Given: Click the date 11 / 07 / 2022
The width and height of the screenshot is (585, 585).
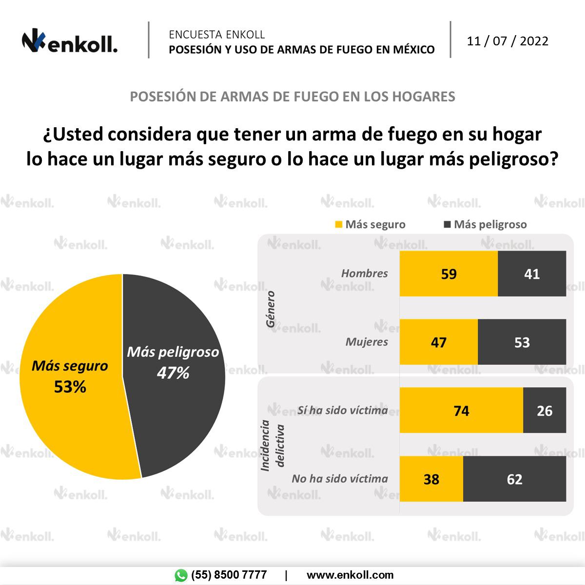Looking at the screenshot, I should pyautogui.click(x=507, y=41).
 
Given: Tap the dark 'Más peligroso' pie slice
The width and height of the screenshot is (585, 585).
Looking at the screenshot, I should pyautogui.click(x=180, y=414).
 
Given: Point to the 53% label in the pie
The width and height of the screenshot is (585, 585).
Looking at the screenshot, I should pyautogui.click(x=70, y=387).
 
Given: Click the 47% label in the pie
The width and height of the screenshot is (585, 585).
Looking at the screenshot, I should pyautogui.click(x=173, y=373).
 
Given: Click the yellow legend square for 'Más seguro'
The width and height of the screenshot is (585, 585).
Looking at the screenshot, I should pyautogui.click(x=338, y=225).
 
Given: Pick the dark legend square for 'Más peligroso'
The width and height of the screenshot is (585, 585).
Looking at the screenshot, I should pyautogui.click(x=447, y=225).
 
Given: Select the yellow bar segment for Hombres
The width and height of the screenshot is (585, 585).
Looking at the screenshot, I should pyautogui.click(x=448, y=273).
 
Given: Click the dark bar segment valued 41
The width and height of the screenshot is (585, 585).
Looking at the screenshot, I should pyautogui.click(x=532, y=273).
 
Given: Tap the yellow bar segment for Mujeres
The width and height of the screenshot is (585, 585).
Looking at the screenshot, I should pyautogui.click(x=439, y=342).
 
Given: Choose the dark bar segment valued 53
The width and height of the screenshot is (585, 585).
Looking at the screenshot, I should pyautogui.click(x=522, y=342).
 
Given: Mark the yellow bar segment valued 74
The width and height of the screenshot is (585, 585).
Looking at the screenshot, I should pyautogui.click(x=461, y=410).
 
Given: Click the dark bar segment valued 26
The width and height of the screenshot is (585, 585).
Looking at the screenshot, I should pyautogui.click(x=545, y=410).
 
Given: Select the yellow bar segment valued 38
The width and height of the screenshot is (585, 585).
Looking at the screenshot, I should pyautogui.click(x=431, y=479).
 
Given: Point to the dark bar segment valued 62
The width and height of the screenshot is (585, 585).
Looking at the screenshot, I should pyautogui.click(x=514, y=479).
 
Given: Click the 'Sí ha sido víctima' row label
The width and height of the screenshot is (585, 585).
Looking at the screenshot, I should pyautogui.click(x=343, y=410).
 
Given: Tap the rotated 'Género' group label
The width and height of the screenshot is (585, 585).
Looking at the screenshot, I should pyautogui.click(x=271, y=309).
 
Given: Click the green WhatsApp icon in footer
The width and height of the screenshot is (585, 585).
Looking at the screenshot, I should pyautogui.click(x=181, y=575).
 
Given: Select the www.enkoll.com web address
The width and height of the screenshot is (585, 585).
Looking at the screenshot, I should pyautogui.click(x=350, y=575).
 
